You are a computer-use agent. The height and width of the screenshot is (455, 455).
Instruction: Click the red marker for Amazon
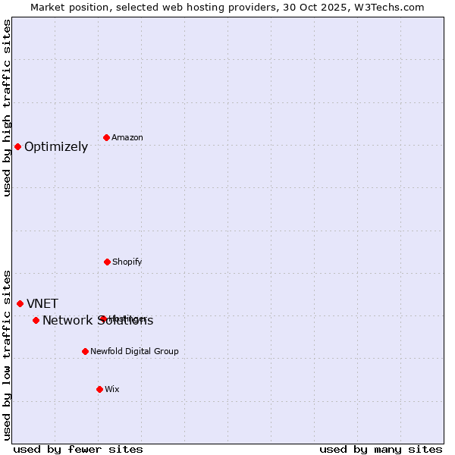click(107, 137)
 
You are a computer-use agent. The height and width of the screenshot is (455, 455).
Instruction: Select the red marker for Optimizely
click(17, 146)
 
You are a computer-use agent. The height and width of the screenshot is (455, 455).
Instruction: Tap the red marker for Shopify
click(107, 262)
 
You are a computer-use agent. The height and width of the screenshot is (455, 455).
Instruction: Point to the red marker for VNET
click(20, 303)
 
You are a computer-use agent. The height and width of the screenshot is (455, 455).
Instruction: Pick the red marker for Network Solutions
click(36, 320)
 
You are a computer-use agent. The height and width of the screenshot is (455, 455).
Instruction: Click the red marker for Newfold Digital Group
click(85, 351)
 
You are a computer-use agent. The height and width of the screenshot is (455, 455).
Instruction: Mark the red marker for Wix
click(99, 389)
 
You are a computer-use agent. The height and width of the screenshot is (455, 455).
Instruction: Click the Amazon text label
click(127, 137)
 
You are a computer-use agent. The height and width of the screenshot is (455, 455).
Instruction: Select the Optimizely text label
click(56, 147)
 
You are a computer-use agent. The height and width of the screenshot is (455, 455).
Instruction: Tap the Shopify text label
click(127, 262)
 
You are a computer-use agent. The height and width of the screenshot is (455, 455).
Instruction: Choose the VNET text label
click(42, 304)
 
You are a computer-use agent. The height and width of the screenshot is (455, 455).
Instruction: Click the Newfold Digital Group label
click(134, 351)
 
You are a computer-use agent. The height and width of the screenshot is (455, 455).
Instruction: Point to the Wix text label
click(112, 389)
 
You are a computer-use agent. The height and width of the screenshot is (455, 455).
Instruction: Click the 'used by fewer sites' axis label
click(78, 449)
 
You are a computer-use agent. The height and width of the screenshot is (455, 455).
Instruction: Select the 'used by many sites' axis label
click(381, 449)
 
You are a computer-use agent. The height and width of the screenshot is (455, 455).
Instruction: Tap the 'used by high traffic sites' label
click(8, 108)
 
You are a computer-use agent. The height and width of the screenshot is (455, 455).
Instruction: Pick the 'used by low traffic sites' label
click(8, 355)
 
